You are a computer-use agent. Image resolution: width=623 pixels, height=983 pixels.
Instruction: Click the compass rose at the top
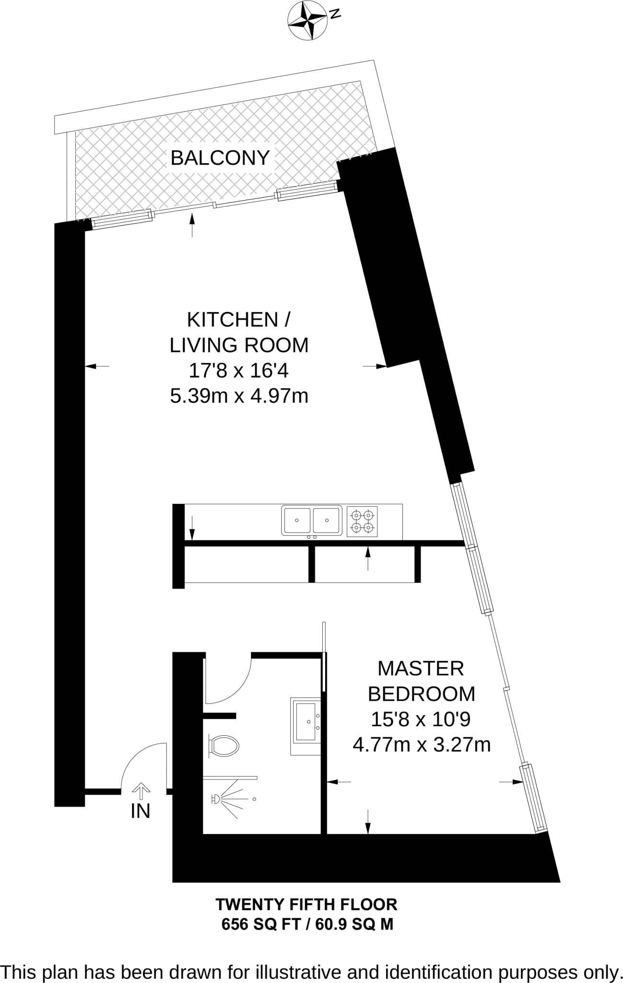pos(307,21)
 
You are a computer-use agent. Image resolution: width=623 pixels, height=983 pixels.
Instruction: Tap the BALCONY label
pos(220,157)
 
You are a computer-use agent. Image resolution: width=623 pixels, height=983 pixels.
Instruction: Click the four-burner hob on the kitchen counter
pos(362,521)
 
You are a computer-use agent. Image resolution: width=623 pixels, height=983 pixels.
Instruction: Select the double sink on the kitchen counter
pos(312,520)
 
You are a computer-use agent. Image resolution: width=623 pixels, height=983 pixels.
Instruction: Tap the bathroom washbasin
pos(306,727)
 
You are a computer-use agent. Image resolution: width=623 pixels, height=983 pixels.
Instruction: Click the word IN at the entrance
pos(141,811)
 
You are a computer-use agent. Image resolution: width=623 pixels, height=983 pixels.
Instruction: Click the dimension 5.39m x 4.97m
pos(239,396)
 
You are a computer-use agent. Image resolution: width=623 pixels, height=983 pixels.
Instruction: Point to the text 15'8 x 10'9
pos(421,719)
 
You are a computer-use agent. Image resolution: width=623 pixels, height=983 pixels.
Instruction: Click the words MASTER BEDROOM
pos(421,681)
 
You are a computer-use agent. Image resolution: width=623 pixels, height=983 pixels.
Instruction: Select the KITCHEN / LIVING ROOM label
pos(239,332)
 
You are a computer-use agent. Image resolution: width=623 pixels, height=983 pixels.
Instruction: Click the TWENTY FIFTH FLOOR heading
pos(306,905)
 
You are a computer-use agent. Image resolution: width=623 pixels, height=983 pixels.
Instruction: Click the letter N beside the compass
pos(336,14)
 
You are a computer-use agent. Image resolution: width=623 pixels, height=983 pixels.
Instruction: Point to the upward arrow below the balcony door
pos(193,225)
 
